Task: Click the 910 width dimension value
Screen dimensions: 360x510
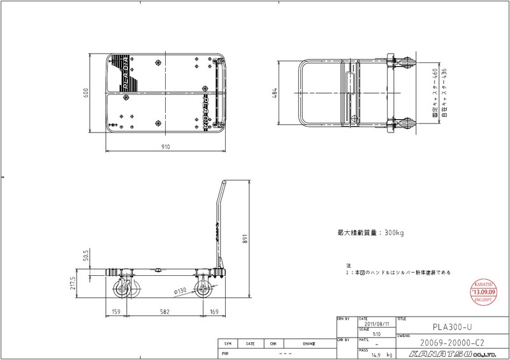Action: [165, 147]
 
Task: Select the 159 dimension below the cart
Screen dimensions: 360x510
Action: [115, 312]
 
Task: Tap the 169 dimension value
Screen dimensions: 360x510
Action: [214, 312]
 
